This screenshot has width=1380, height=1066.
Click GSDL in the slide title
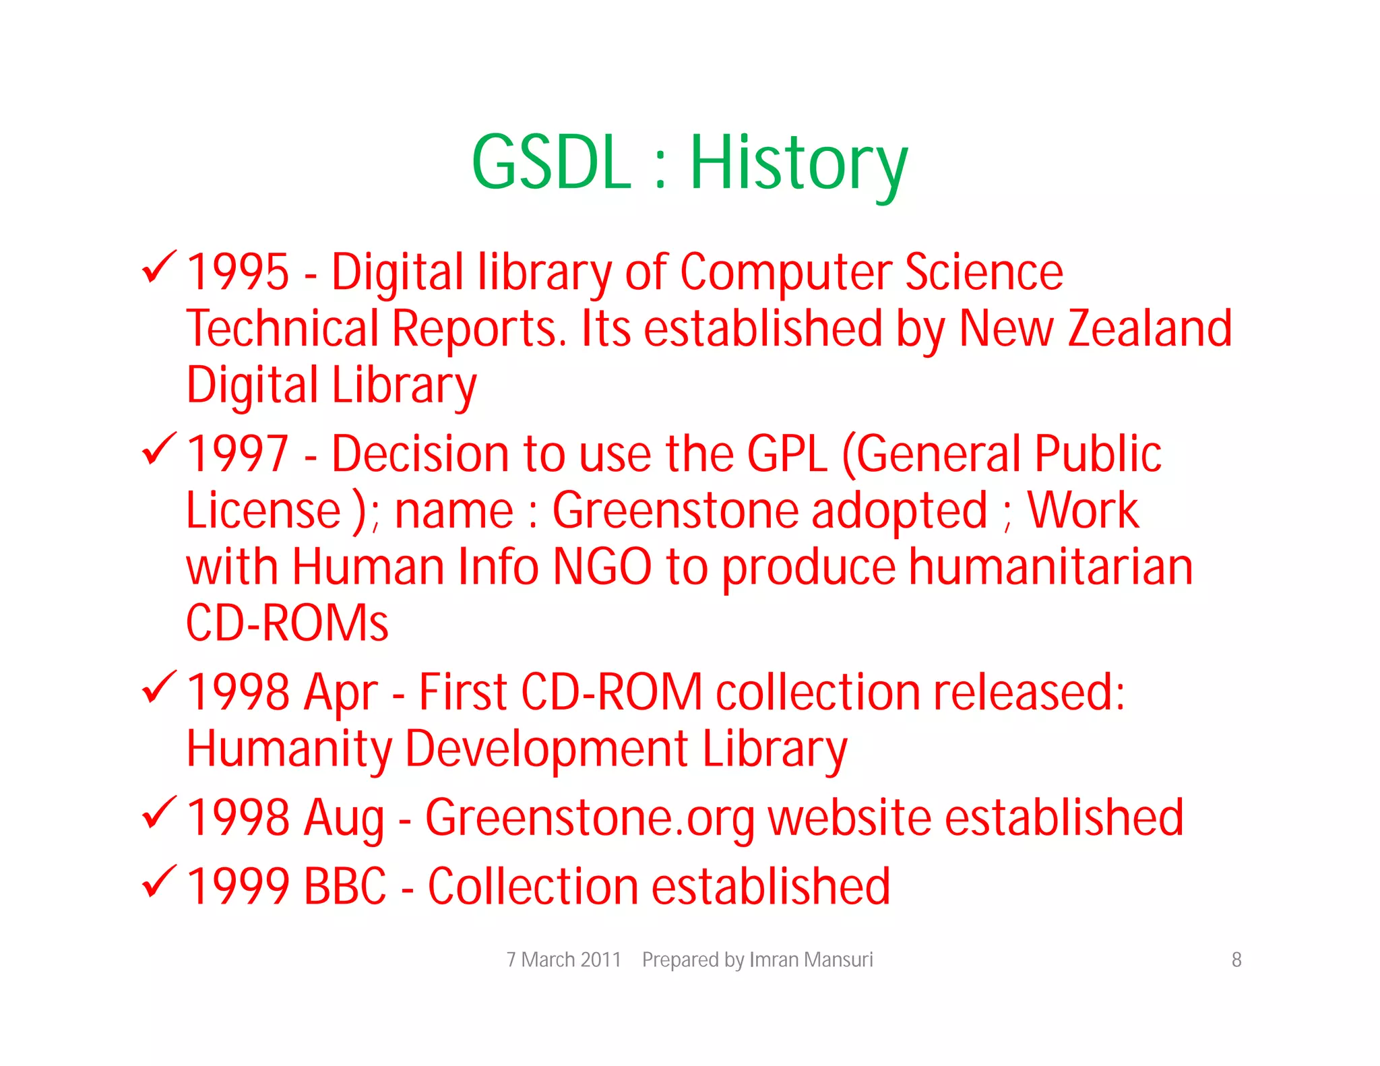point(551,164)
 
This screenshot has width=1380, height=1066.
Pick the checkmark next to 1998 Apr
point(159,687)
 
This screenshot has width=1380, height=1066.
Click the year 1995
point(238,272)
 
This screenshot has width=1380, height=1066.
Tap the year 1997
point(238,453)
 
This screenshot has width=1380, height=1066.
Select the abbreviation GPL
point(787,453)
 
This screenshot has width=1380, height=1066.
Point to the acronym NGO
point(602,567)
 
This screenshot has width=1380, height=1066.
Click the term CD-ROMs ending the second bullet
point(287,623)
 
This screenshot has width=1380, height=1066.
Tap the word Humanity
point(289,749)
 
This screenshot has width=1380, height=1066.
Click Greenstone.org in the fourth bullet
point(590,818)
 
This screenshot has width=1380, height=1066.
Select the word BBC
point(345,886)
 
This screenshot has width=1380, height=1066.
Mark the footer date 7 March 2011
point(563,960)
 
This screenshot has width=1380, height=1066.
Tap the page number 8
point(1236,960)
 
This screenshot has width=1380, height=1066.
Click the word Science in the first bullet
point(984,272)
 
